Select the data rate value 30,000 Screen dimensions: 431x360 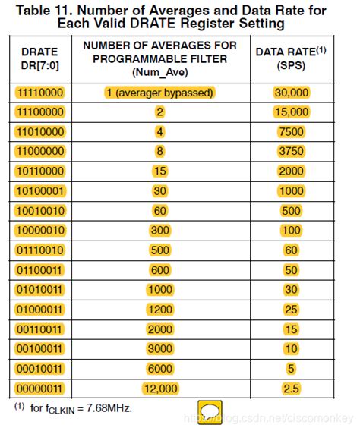(292, 92)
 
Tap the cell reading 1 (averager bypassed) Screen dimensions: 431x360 (160, 92)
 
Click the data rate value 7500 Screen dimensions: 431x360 (292, 131)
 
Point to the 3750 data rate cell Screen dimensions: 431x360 (292, 151)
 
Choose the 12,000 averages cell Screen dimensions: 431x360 (160, 389)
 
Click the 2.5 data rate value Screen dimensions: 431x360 (292, 389)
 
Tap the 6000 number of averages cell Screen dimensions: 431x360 (160, 369)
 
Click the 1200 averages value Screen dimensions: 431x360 (160, 309)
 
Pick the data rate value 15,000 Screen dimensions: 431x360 (292, 112)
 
